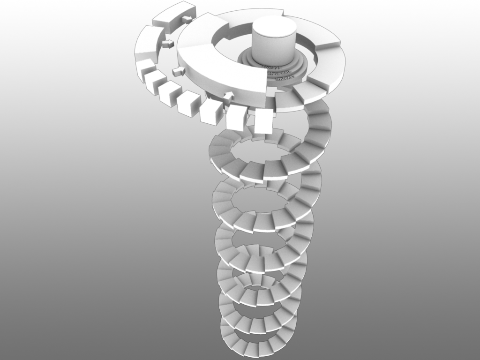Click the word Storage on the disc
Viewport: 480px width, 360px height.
coord(272,67)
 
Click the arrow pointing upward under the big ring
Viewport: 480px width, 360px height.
coord(228,96)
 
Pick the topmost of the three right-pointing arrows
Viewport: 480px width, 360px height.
coord(187,19)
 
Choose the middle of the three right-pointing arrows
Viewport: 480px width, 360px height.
coord(167,44)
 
